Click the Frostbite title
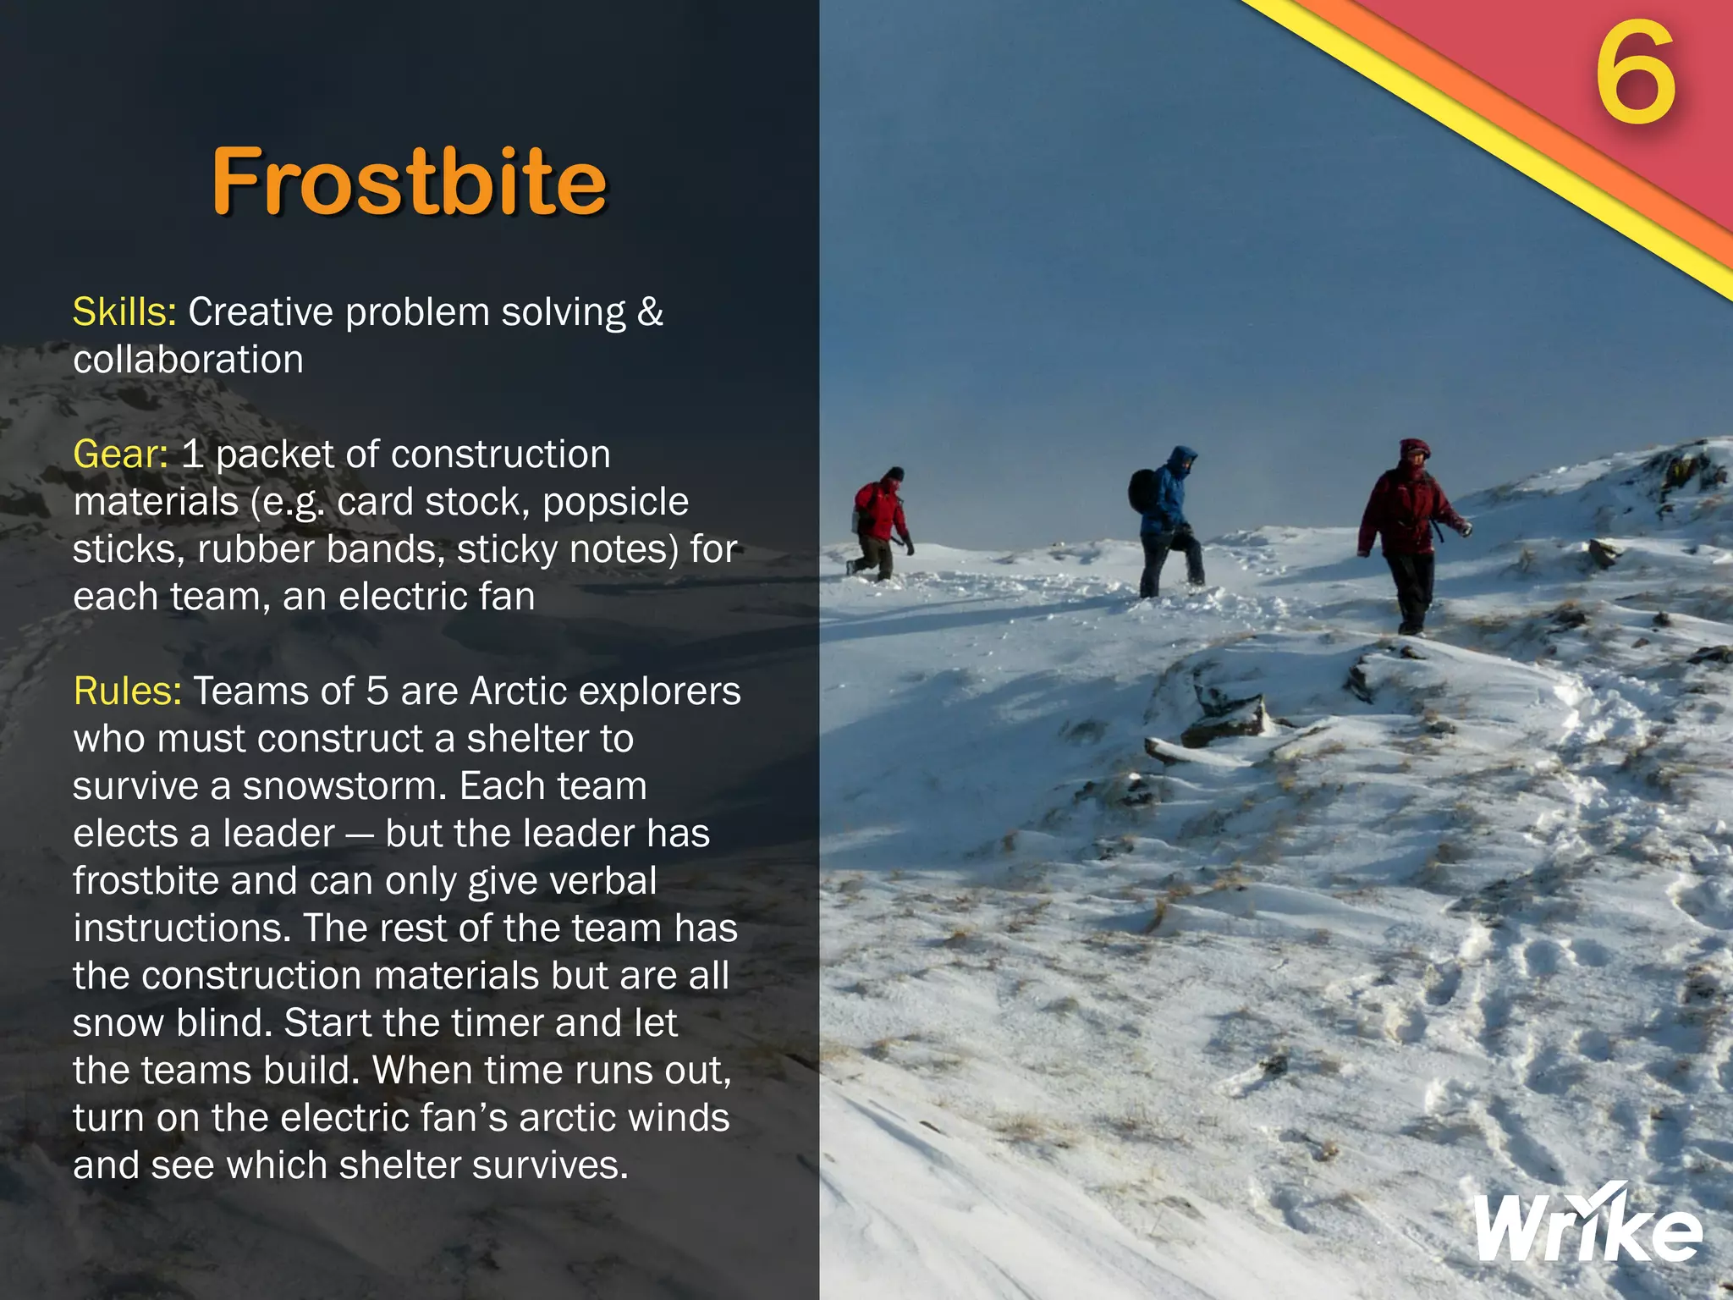click(x=410, y=181)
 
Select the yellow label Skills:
click(x=124, y=312)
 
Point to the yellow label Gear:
click(x=120, y=454)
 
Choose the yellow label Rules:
click(x=127, y=691)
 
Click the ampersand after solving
click(x=649, y=312)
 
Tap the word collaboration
click(x=188, y=360)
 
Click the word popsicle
click(x=615, y=502)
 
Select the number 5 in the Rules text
click(x=377, y=691)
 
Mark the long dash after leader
click(x=360, y=835)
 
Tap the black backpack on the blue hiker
click(x=1143, y=490)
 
